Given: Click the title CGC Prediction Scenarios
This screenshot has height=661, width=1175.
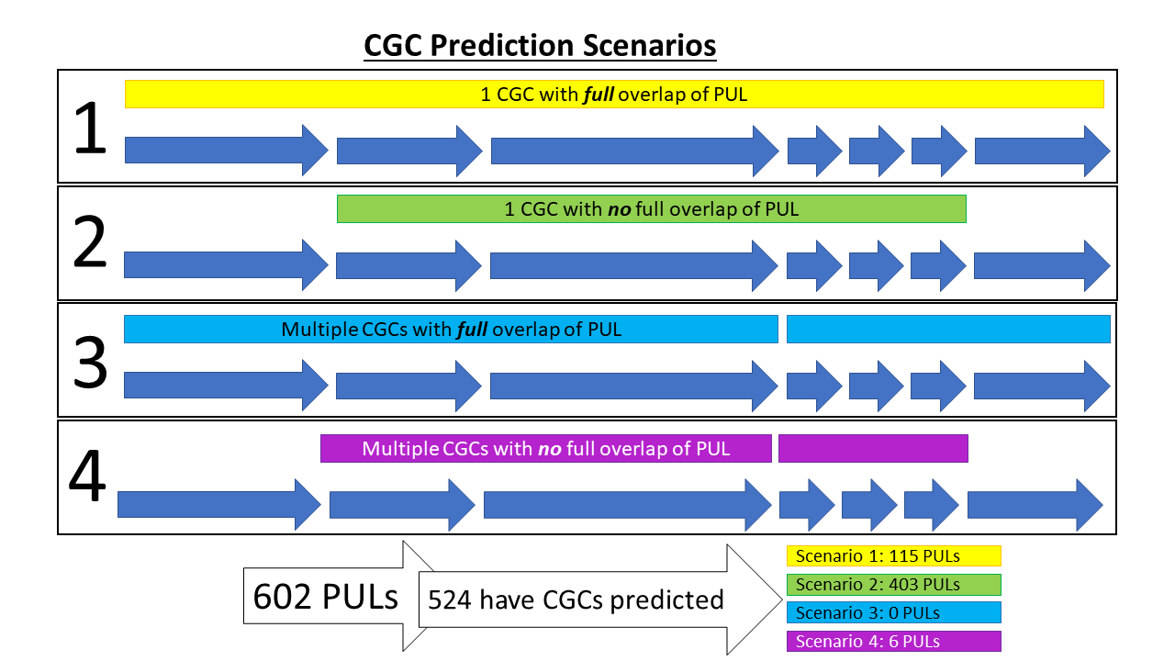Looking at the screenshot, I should pyautogui.click(x=540, y=45).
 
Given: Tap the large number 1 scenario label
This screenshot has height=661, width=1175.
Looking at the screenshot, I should pyautogui.click(x=91, y=129).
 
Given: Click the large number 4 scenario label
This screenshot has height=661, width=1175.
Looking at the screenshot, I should pyautogui.click(x=88, y=478).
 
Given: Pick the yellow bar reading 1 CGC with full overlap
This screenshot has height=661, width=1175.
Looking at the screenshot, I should pyautogui.click(x=613, y=94).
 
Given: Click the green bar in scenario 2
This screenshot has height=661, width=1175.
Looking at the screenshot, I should pyautogui.click(x=651, y=209).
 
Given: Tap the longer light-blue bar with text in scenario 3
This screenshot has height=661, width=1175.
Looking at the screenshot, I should pyautogui.click(x=451, y=329).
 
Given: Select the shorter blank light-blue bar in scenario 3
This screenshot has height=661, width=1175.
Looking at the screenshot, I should pyautogui.click(x=948, y=329).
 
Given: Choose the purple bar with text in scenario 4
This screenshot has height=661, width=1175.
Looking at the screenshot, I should pyautogui.click(x=545, y=449).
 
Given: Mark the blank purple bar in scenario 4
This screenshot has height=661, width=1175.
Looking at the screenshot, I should pyautogui.click(x=873, y=449).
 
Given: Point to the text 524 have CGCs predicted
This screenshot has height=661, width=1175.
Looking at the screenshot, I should pyautogui.click(x=576, y=599).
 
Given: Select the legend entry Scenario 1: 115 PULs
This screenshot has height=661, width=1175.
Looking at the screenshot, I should pyautogui.click(x=893, y=556).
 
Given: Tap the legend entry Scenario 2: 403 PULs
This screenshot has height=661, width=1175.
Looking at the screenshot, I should pyautogui.click(x=893, y=585).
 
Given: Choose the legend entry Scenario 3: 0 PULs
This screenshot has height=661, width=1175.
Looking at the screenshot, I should pyautogui.click(x=893, y=613).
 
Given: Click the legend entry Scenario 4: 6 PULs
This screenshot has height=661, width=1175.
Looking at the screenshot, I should pyautogui.click(x=893, y=642).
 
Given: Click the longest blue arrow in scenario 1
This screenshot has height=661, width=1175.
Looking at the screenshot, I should pyautogui.click(x=633, y=150).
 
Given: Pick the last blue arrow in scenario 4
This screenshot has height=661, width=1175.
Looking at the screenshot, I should pyautogui.click(x=1035, y=504).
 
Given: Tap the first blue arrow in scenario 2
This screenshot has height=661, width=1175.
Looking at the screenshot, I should pyautogui.click(x=225, y=264).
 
